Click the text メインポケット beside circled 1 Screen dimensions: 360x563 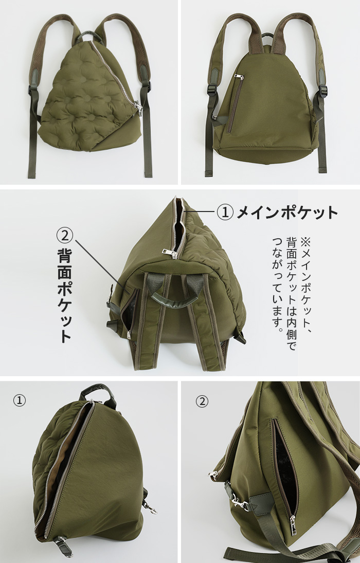click(287, 213)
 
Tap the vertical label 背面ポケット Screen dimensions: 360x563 click(65, 295)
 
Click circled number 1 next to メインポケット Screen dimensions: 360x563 click(225, 213)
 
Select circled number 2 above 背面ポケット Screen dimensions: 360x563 click(65, 235)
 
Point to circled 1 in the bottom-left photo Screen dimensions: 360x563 click(20, 400)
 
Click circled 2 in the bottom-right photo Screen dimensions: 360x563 click(202, 401)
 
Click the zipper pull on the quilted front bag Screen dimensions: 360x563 click(138, 107)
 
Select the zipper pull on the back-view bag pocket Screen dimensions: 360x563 click(238, 77)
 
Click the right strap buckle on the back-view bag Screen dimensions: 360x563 click(322, 90)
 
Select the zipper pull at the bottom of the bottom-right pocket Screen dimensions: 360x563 click(293, 525)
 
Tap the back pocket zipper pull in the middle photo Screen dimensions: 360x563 click(129, 335)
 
